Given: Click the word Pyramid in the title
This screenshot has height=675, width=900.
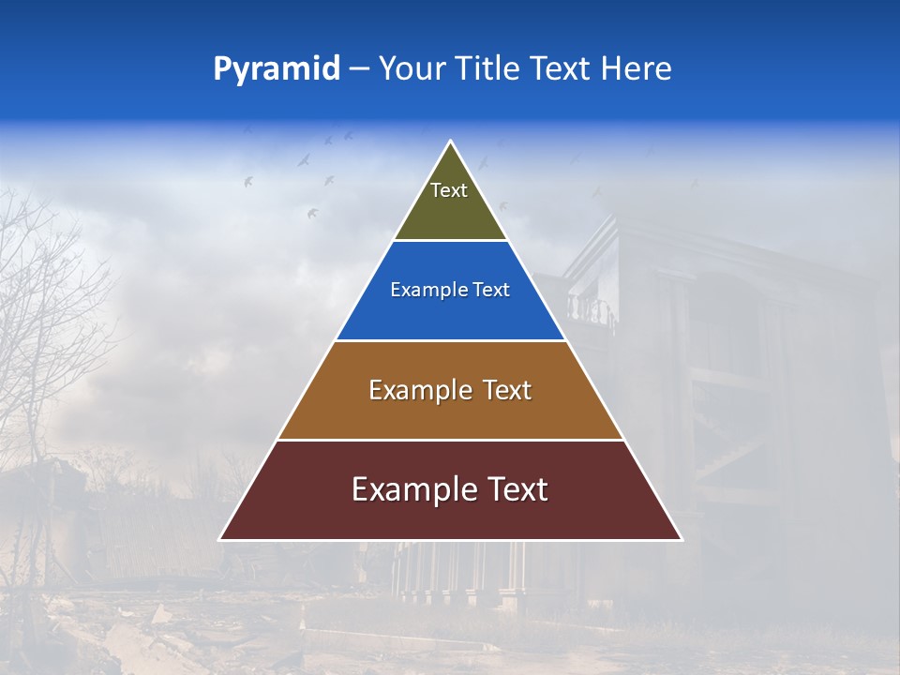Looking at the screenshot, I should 277,69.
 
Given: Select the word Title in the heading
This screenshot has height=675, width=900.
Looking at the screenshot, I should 488,69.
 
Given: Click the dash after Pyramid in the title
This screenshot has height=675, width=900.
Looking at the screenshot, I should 359,70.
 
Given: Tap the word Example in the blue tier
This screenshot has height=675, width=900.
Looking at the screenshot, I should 424,291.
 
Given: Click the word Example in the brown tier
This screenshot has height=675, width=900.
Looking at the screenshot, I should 413,390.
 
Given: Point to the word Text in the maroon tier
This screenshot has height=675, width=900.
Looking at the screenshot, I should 518,489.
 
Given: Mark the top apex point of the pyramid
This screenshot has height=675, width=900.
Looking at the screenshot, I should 451,142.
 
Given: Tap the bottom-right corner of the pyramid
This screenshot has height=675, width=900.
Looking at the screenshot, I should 681,539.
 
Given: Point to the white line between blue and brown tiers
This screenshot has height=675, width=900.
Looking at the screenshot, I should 450,340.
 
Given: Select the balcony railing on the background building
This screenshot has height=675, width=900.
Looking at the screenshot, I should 591,309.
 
